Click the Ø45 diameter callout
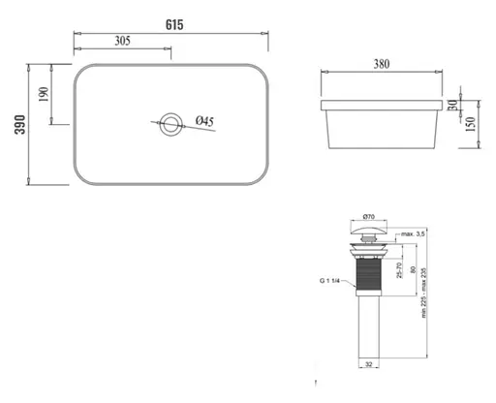204,121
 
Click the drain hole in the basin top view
171,122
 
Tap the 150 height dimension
478,125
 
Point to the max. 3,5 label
416,233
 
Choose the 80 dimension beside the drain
414,272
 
